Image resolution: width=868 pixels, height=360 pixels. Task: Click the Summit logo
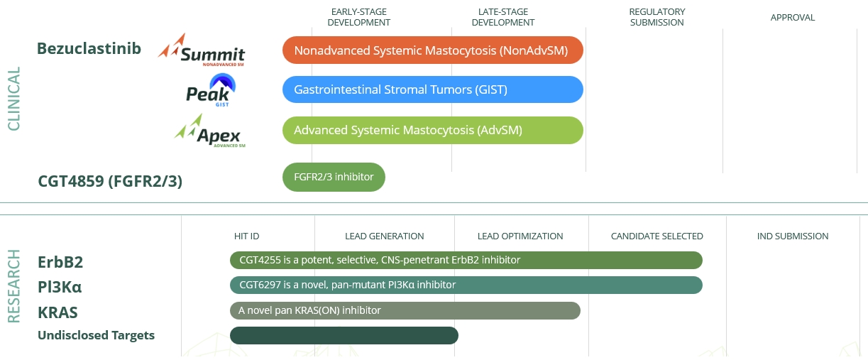coord(202,50)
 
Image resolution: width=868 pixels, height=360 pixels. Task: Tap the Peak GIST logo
coord(211,90)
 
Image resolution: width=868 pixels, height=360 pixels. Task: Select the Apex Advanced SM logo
coord(209,131)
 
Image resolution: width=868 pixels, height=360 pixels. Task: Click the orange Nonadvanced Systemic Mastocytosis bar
coord(433,50)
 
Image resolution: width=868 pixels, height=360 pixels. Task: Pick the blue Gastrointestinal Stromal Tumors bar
coord(433,89)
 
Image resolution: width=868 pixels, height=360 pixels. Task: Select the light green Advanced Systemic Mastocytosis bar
coord(433,130)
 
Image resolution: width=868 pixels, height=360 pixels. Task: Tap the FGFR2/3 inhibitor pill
coord(334,177)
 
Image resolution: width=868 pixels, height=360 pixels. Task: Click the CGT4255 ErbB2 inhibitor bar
coord(466,260)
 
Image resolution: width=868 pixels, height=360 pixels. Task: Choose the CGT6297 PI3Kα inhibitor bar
coord(466,285)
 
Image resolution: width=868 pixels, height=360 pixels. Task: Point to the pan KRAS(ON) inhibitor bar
coord(405,310)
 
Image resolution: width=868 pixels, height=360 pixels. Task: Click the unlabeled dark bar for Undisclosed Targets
coord(344,335)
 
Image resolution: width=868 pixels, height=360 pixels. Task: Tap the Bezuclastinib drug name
coord(89,49)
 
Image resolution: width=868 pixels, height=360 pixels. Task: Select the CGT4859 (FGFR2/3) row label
coord(110,181)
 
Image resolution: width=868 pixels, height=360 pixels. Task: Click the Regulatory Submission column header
coord(657,18)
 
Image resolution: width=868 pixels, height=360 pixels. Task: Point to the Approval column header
coord(793,18)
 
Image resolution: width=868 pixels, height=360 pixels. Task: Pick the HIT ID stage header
coord(246,236)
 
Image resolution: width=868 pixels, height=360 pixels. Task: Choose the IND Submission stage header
coord(793,236)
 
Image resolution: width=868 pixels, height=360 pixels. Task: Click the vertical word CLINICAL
coord(14,99)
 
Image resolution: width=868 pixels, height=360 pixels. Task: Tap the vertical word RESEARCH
coord(14,286)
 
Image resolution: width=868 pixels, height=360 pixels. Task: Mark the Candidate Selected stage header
coord(657,236)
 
